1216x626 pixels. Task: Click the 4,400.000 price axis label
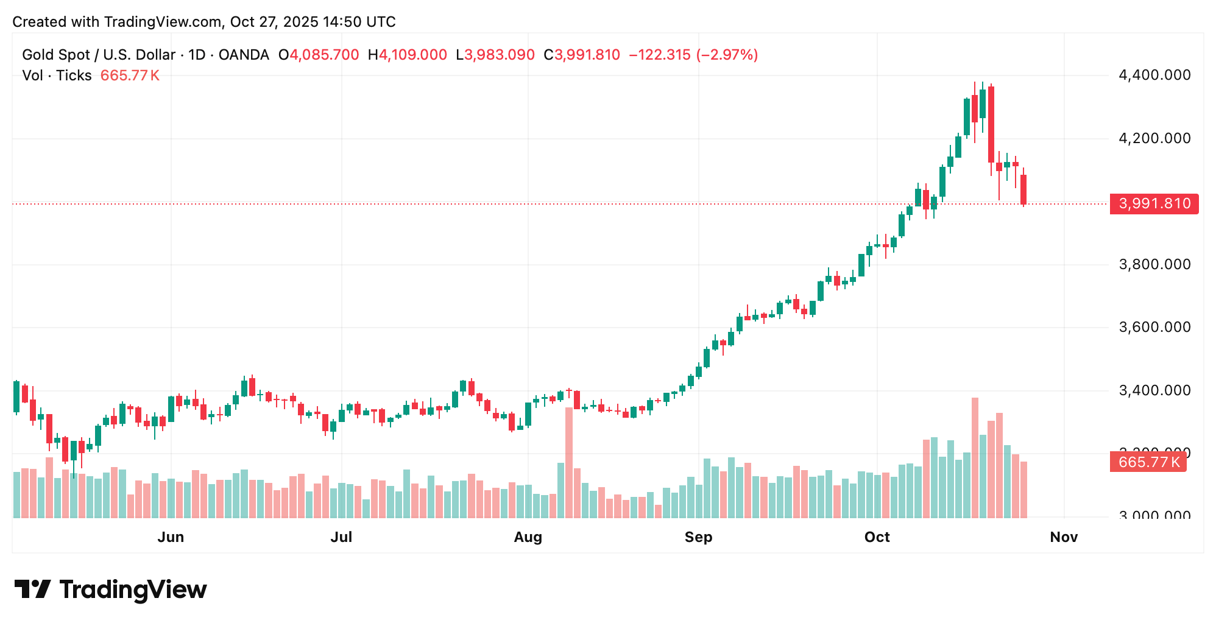[1154, 76]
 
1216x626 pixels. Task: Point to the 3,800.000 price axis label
[1154, 264]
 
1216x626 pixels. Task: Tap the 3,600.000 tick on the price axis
[1154, 328]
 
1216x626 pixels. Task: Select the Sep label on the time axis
[698, 537]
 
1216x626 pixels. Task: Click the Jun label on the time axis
[171, 537]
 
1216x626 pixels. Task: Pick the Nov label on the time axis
[1064, 537]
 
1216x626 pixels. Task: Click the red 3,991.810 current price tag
[1154, 203]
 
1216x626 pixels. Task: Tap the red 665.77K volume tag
[1148, 462]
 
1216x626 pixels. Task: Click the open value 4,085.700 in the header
[324, 55]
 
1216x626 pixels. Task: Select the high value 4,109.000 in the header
[413, 55]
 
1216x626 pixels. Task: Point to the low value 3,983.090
[499, 55]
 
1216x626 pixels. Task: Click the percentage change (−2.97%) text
[727, 55]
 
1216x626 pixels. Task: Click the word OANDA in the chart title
[244, 55]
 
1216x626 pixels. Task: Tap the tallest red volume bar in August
[569, 463]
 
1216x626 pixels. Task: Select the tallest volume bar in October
[975, 458]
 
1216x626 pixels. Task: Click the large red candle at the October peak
[991, 124]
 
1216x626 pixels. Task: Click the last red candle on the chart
[1024, 189]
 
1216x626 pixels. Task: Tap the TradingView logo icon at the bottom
[32, 589]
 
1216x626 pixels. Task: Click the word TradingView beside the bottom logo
[133, 589]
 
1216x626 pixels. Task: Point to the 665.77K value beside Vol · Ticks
[130, 76]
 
